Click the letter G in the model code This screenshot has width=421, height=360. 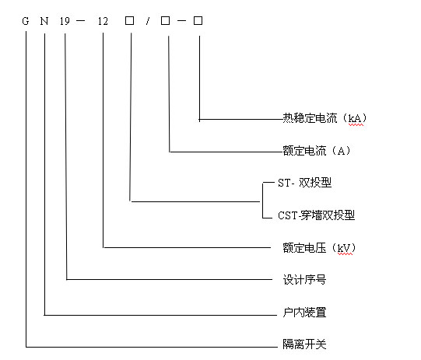click(26, 21)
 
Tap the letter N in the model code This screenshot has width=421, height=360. click(44, 21)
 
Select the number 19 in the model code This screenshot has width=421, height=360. click(65, 21)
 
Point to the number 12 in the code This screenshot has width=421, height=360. click(103, 21)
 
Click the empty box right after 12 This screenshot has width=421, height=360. click(130, 20)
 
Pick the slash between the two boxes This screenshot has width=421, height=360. click(148, 21)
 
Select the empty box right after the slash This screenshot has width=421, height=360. click(166, 20)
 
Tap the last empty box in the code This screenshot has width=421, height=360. click(198, 20)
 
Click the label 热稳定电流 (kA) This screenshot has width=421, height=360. click(325, 118)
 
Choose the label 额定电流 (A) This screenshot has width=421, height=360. click(316, 151)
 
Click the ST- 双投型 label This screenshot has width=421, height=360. click(304, 183)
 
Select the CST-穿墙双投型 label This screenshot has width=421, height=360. click(316, 215)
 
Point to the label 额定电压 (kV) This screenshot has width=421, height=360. click(319, 248)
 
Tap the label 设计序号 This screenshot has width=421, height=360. click(304, 280)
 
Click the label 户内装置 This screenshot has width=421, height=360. click(304, 313)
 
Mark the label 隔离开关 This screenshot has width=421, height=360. click(304, 344)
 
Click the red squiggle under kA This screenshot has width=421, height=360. click(356, 124)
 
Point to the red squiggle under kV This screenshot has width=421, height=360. click(345, 253)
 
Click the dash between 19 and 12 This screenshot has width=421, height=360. click(81, 21)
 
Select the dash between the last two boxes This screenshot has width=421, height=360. click(181, 21)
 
